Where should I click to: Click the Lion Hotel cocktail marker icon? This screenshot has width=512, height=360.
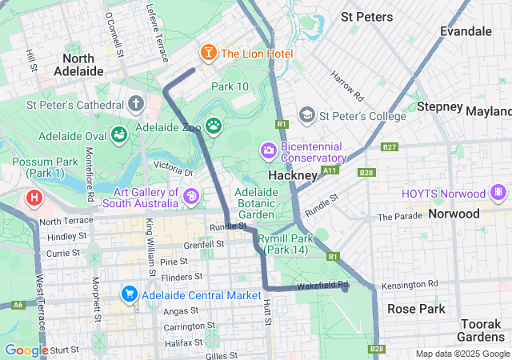pyautogui.click(x=208, y=54)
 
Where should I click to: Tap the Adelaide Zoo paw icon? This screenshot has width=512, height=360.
pyautogui.click(x=213, y=125)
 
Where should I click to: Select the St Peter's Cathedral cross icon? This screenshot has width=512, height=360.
pyautogui.click(x=136, y=104)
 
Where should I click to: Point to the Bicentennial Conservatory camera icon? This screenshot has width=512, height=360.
pyautogui.click(x=268, y=150)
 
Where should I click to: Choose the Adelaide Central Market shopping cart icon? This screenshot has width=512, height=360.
pyautogui.click(x=129, y=294)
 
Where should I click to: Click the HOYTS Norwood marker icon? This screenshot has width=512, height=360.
pyautogui.click(x=498, y=193)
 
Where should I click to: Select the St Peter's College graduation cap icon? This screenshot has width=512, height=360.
pyautogui.click(x=306, y=116)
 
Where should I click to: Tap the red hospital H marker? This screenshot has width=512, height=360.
pyautogui.click(x=34, y=197)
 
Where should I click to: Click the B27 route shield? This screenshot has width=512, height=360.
pyautogui.click(x=390, y=147)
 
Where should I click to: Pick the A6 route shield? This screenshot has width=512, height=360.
pyautogui.click(x=18, y=304)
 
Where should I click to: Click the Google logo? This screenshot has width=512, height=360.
pyautogui.click(x=27, y=350)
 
